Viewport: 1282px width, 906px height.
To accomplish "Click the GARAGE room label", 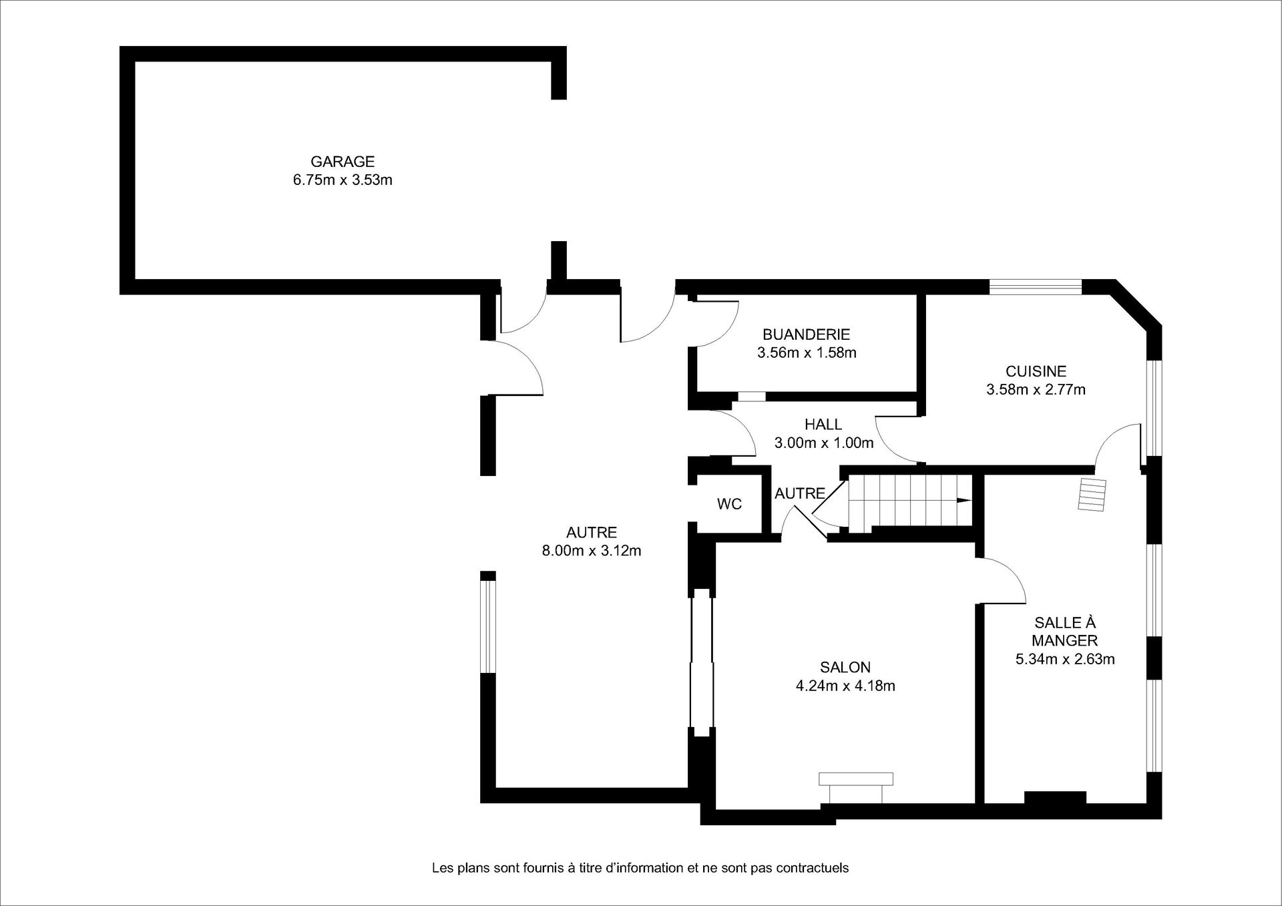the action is click(x=343, y=162).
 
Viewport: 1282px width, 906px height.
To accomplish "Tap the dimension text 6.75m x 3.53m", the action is click(x=343, y=180).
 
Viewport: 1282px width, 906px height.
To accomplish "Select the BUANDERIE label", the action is click(x=806, y=334).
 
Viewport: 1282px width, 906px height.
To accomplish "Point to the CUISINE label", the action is click(x=1036, y=371).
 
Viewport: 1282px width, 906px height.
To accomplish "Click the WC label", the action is click(x=729, y=504).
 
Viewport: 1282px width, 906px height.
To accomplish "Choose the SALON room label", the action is click(x=845, y=667).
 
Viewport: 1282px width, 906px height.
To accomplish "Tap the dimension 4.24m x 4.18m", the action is click(x=845, y=686).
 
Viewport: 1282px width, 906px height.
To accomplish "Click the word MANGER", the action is click(x=1065, y=641).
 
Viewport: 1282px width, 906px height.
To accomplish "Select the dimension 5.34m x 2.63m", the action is click(x=1065, y=660).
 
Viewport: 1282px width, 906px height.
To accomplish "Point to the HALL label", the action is click(x=823, y=425).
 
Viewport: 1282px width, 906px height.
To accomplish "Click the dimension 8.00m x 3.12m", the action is click(x=592, y=551).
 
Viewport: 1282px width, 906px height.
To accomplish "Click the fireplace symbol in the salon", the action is click(x=855, y=788).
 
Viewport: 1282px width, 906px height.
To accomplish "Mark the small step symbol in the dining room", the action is click(x=1092, y=495).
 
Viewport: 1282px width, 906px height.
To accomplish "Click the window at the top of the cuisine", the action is click(x=1035, y=287).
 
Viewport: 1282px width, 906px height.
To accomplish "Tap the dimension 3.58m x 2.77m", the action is click(x=1036, y=390).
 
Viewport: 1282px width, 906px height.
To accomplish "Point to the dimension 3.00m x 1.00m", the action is click(x=823, y=443).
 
